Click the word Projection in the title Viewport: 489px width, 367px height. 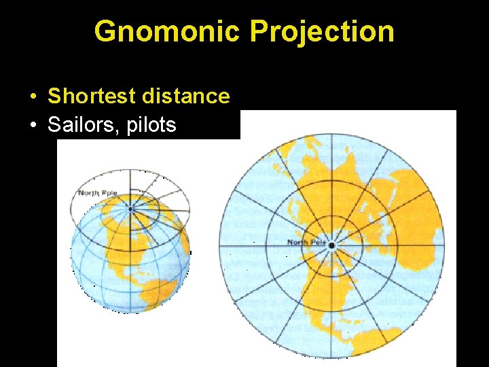click(322, 32)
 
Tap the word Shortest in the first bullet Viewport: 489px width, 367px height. click(92, 97)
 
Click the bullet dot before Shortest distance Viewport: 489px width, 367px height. click(33, 97)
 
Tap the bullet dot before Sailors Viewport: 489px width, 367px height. click(33, 126)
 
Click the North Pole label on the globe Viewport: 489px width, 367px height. click(98, 193)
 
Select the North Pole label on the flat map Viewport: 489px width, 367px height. click(307, 243)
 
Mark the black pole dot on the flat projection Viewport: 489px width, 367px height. click(331, 245)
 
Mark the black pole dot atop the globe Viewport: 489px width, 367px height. click(130, 209)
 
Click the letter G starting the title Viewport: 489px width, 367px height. click(105, 32)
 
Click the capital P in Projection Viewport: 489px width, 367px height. click(258, 32)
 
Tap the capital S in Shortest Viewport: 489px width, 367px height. click(54, 97)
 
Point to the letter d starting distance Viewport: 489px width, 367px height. click(147, 97)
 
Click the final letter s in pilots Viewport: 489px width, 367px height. click(171, 126)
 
